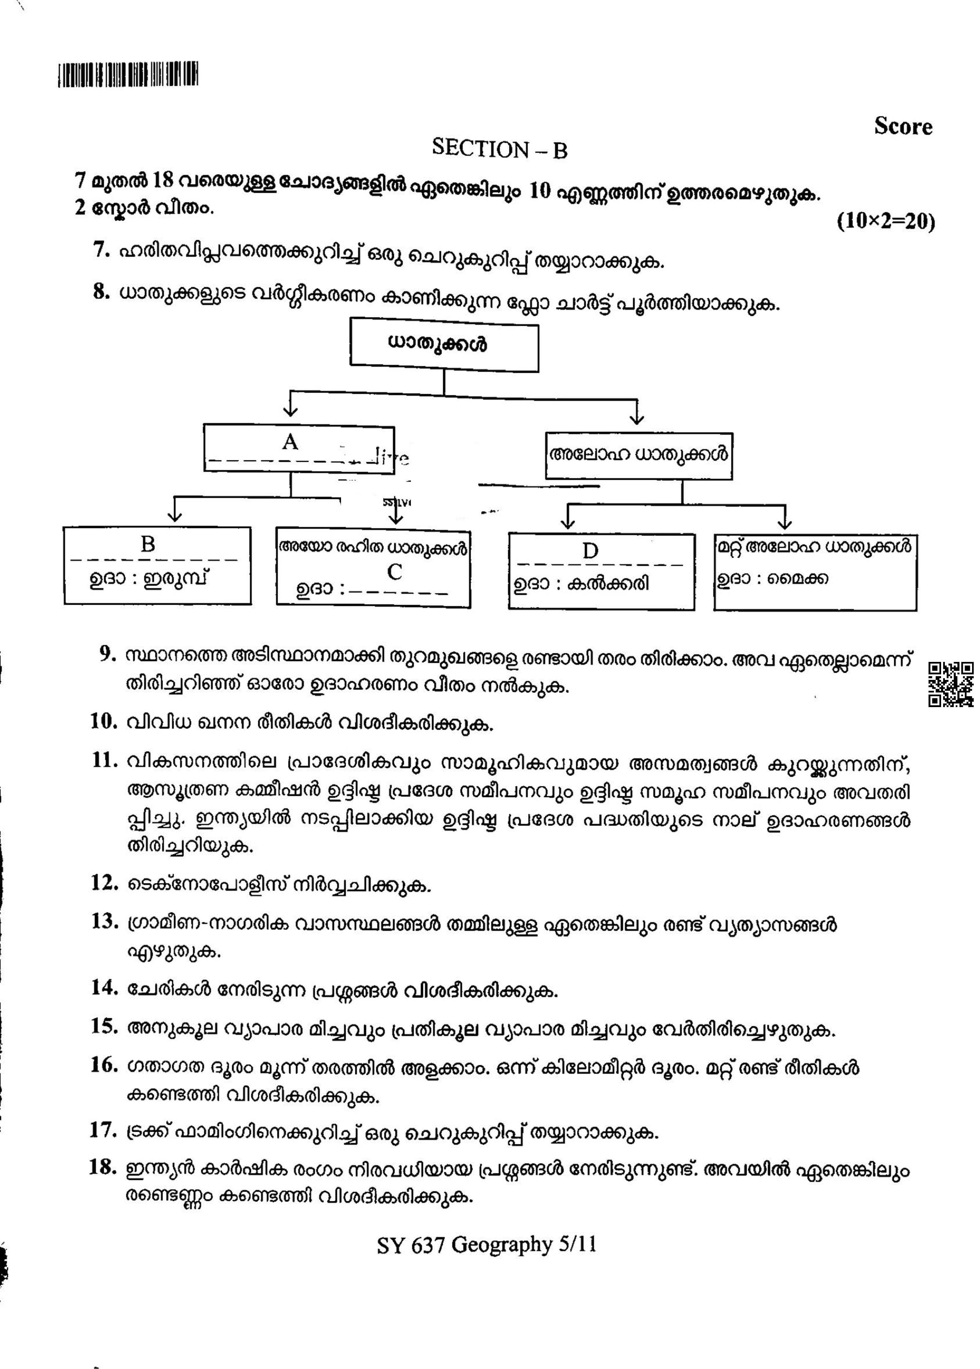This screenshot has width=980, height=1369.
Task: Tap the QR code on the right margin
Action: tap(950, 684)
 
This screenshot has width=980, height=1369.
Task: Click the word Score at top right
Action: tap(903, 127)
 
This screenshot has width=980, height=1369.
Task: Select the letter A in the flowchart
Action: tap(290, 442)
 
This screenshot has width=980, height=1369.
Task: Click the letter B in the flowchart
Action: tap(148, 544)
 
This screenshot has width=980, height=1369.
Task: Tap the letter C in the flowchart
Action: tap(395, 572)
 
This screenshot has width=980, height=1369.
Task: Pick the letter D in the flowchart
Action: tap(590, 550)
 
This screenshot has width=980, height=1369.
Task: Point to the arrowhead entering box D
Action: tap(568, 524)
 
